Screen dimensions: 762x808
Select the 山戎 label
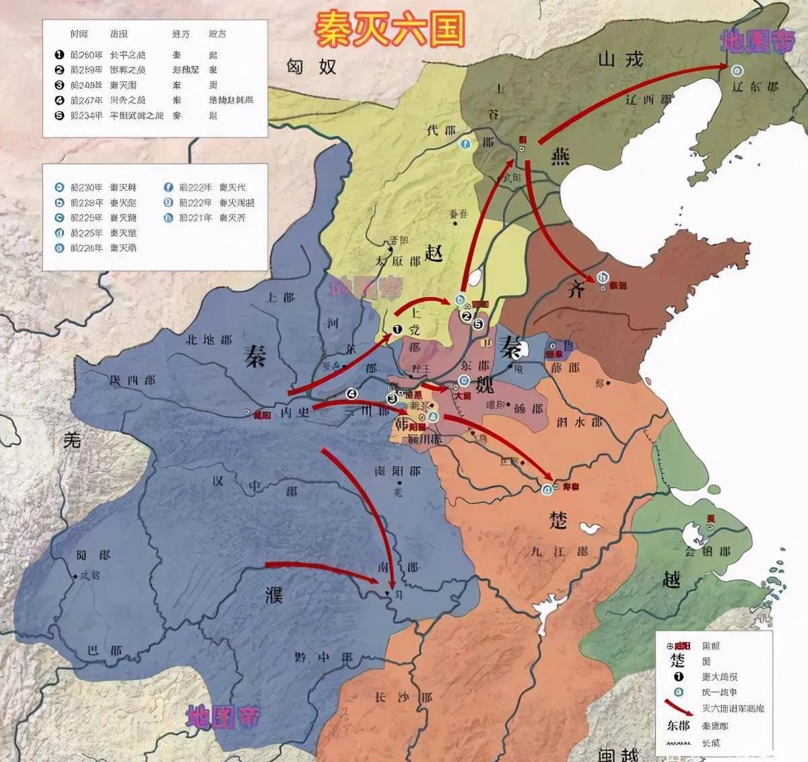click(620, 59)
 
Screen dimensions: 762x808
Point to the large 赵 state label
click(434, 253)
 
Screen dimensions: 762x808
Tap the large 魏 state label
click(484, 385)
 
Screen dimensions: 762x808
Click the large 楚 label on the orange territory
click(558, 520)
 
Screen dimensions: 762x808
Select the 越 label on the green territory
click(671, 579)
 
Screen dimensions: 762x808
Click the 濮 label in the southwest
click(273, 594)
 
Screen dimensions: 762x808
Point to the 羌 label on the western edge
click(72, 441)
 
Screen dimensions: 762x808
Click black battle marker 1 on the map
click(397, 329)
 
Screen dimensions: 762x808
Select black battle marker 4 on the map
click(351, 393)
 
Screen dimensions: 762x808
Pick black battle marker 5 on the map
click(479, 324)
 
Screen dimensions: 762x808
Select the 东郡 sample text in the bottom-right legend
click(678, 726)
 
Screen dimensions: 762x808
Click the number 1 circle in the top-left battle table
click(59, 55)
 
